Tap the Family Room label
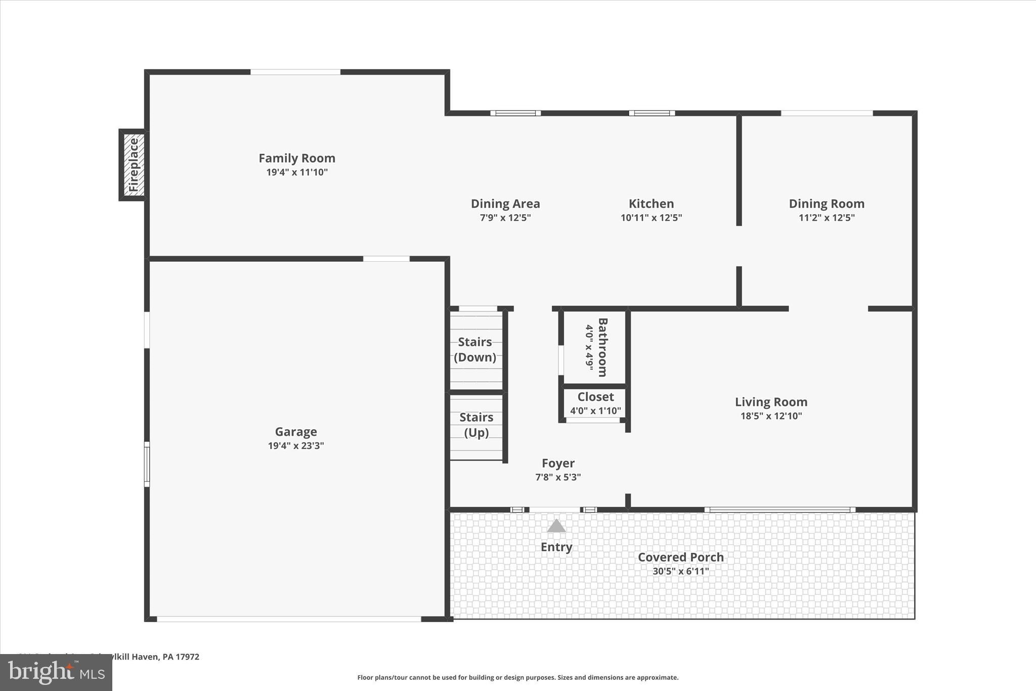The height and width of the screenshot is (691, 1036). click(297, 158)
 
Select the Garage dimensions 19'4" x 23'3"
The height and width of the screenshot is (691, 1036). click(296, 446)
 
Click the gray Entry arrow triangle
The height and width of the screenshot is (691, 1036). click(556, 526)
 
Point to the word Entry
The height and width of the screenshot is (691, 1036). click(556, 547)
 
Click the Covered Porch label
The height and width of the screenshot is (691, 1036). click(680, 557)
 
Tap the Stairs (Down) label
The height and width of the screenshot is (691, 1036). click(475, 350)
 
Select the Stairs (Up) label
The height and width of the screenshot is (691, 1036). click(476, 425)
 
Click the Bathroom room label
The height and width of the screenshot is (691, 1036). click(602, 347)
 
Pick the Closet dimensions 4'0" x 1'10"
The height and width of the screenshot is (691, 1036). click(595, 411)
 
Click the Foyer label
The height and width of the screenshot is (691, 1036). click(558, 463)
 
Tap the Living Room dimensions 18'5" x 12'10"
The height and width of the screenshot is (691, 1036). click(771, 416)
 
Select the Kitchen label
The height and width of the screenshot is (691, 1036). click(651, 204)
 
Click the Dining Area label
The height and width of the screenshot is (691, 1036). click(505, 204)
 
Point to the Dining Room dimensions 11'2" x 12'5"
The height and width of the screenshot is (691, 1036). click(827, 218)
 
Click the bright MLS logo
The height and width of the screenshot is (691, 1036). click(56, 673)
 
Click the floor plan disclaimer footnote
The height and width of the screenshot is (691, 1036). click(517, 677)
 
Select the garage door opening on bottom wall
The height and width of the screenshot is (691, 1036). click(289, 619)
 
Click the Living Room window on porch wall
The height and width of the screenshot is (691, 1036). click(780, 509)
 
